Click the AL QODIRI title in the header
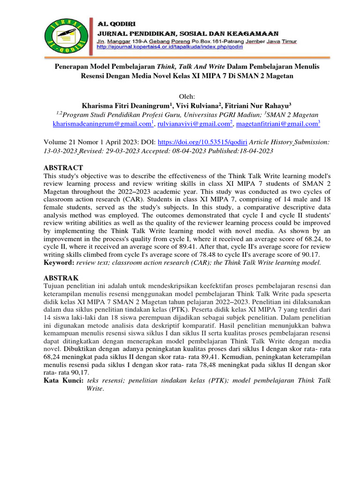click(x=115, y=23)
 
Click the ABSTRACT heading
click(x=63, y=168)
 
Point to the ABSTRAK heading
click(x=61, y=277)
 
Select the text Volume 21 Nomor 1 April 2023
click(x=89, y=141)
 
